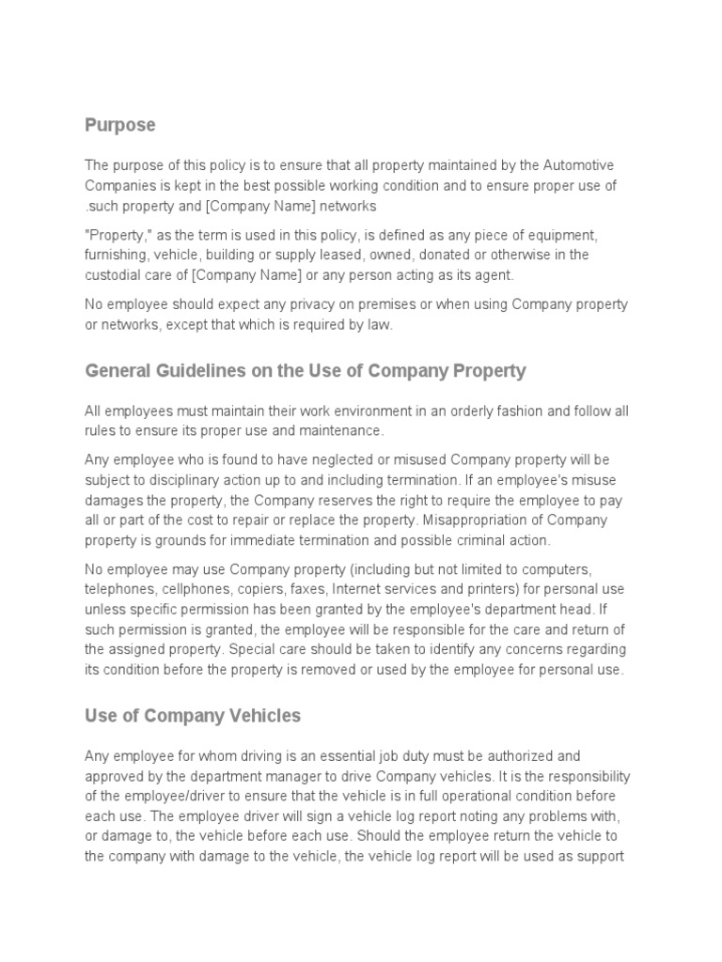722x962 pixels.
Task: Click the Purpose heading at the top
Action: tap(120, 125)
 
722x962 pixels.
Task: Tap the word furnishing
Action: tap(118, 254)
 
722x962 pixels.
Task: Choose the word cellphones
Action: tap(195, 589)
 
